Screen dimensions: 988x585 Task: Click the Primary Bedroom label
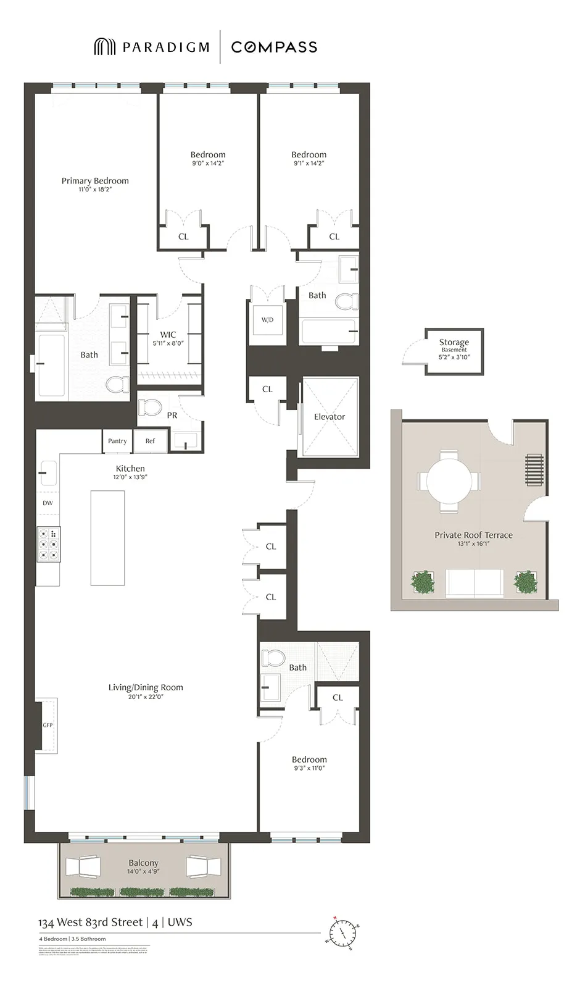pyautogui.click(x=95, y=181)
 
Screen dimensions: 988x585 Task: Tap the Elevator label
pyautogui.click(x=330, y=417)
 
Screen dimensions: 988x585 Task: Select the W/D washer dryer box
pyautogui.click(x=267, y=320)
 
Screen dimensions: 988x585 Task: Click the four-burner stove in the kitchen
pyautogui.click(x=48, y=544)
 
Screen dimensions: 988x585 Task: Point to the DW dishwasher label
pyautogui.click(x=48, y=503)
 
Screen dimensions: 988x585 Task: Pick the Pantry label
pyautogui.click(x=117, y=441)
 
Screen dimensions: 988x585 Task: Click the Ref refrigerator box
pyautogui.click(x=150, y=441)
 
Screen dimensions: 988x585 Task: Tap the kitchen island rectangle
pyautogui.click(x=107, y=537)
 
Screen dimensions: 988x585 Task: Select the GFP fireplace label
pyautogui.click(x=48, y=725)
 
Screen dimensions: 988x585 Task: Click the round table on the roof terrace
pyautogui.click(x=449, y=479)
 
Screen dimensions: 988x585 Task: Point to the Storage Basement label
pyautogui.click(x=454, y=345)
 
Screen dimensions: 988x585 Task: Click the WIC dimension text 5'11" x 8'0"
pyautogui.click(x=168, y=343)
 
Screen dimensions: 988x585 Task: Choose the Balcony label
pyautogui.click(x=143, y=863)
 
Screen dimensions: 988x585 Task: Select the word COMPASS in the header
pyautogui.click(x=274, y=47)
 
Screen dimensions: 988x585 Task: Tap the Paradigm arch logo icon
pyautogui.click(x=104, y=47)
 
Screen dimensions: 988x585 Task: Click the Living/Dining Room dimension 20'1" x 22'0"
pyautogui.click(x=146, y=697)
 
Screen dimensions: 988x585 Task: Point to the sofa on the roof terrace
pyautogui.click(x=473, y=582)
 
